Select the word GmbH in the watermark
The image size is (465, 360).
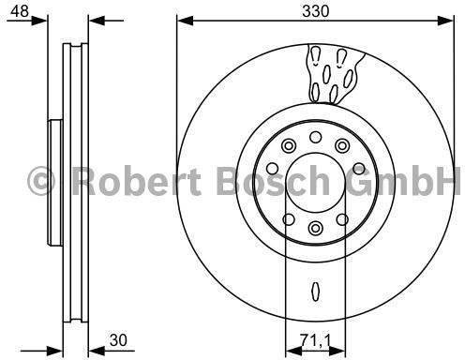404,180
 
